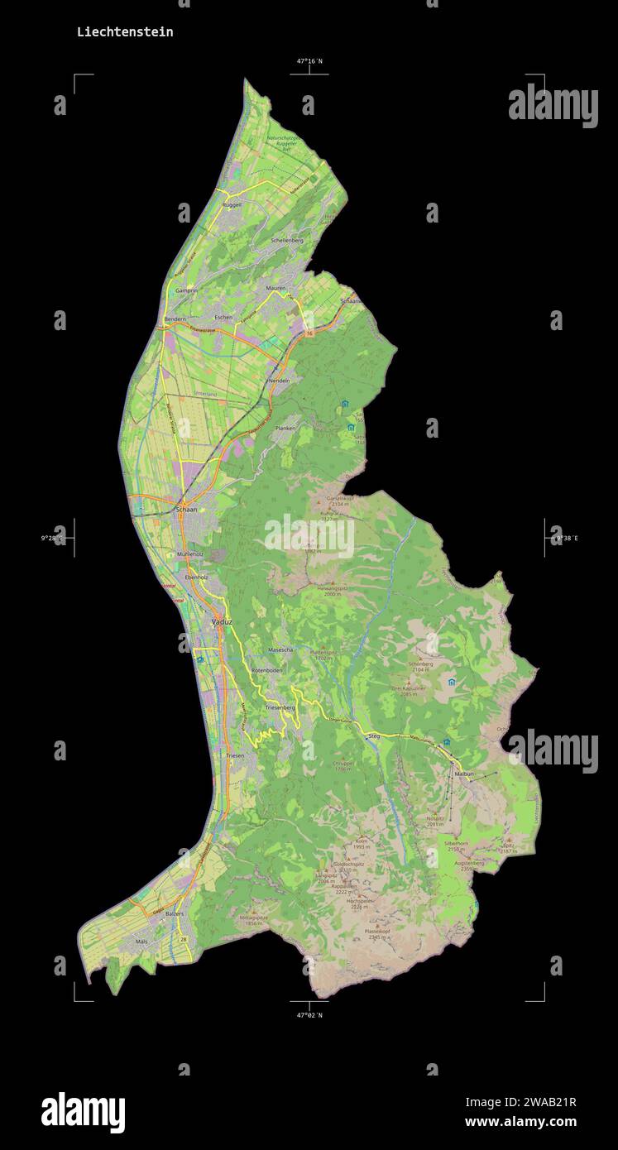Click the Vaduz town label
(x=222, y=621)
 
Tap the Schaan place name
(x=187, y=510)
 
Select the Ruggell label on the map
(x=232, y=204)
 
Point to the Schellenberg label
(x=287, y=240)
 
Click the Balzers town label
(x=175, y=913)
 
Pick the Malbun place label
(x=464, y=774)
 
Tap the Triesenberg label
(x=280, y=708)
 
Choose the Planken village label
(x=285, y=428)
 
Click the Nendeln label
(x=280, y=380)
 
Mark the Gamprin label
(x=186, y=291)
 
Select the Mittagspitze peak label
(x=253, y=918)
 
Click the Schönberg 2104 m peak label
(x=420, y=664)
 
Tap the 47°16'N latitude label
(x=309, y=61)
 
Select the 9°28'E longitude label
(x=54, y=538)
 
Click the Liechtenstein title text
(x=125, y=32)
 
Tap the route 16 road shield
(x=309, y=333)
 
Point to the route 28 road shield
(x=184, y=940)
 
